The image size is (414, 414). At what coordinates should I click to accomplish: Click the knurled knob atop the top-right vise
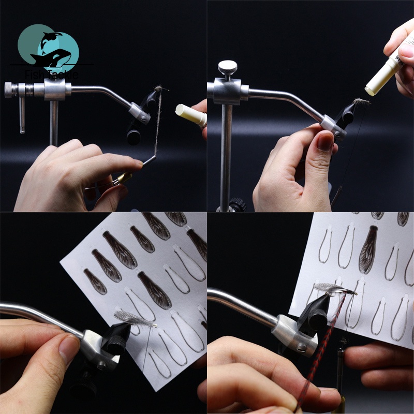point(227,67)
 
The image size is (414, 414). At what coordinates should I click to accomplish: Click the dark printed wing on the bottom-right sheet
point(368,249)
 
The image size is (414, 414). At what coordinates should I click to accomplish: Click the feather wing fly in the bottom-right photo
point(331,288)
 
